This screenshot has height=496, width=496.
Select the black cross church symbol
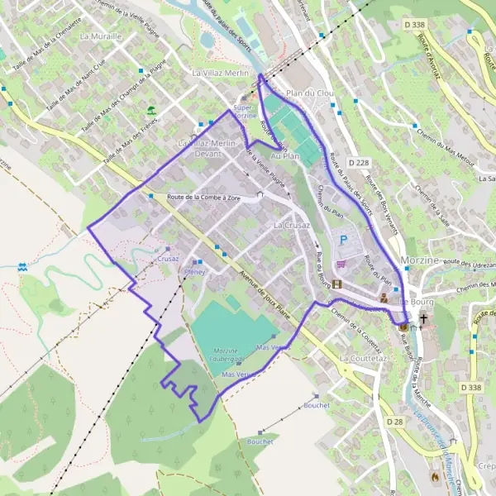click(x=425, y=318)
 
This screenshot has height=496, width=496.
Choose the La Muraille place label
click(x=101, y=36)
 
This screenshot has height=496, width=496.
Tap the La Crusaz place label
click(x=291, y=225)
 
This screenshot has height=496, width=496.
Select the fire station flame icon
click(x=436, y=476)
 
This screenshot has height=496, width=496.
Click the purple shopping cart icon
click(x=341, y=265)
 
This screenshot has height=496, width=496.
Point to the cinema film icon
click(x=337, y=284)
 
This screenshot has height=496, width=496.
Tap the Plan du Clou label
click(x=309, y=93)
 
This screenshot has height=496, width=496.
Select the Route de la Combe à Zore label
click(x=203, y=198)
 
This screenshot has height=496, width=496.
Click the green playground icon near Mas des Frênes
click(x=150, y=109)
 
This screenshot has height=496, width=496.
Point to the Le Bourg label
click(x=417, y=302)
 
